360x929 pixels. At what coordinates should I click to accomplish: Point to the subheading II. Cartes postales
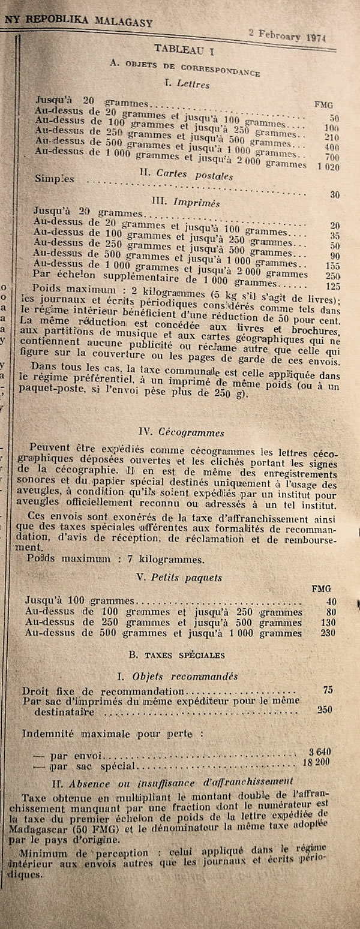[x=178, y=176]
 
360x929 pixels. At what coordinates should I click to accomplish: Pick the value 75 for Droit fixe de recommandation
[x=328, y=690]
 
